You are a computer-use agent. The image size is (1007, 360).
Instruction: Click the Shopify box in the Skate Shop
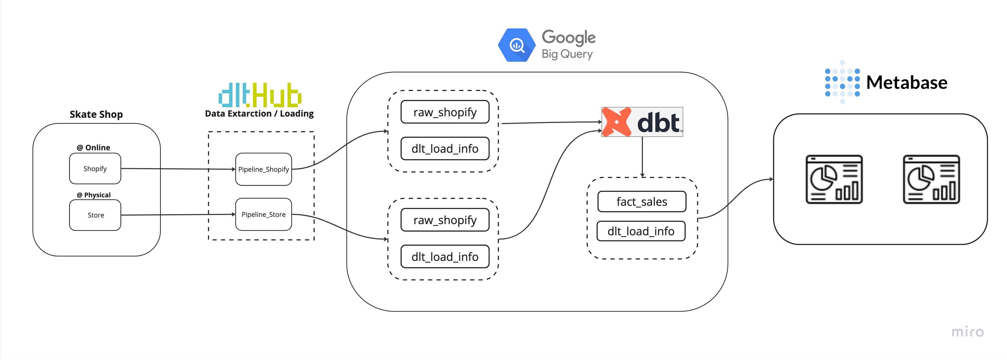coord(95,168)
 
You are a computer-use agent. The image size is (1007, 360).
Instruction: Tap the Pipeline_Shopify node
coord(263,169)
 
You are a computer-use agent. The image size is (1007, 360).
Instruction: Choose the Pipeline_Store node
coord(263,214)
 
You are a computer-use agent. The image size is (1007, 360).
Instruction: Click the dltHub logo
coord(260,95)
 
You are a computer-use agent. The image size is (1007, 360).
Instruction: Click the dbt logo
coord(642,122)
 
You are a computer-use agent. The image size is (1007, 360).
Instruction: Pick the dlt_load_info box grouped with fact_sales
coord(641,231)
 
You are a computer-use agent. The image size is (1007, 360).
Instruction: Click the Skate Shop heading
coord(96,114)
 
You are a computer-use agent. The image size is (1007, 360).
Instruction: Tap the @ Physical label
coord(94,195)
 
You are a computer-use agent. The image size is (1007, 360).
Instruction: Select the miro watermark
coord(967,332)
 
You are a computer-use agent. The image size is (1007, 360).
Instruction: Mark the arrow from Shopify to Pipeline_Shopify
coord(178,169)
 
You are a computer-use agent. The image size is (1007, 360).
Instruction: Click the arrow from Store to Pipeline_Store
coord(178,214)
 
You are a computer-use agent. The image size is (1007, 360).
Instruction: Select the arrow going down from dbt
coord(642,156)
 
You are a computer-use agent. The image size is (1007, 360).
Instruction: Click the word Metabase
coord(906,83)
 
